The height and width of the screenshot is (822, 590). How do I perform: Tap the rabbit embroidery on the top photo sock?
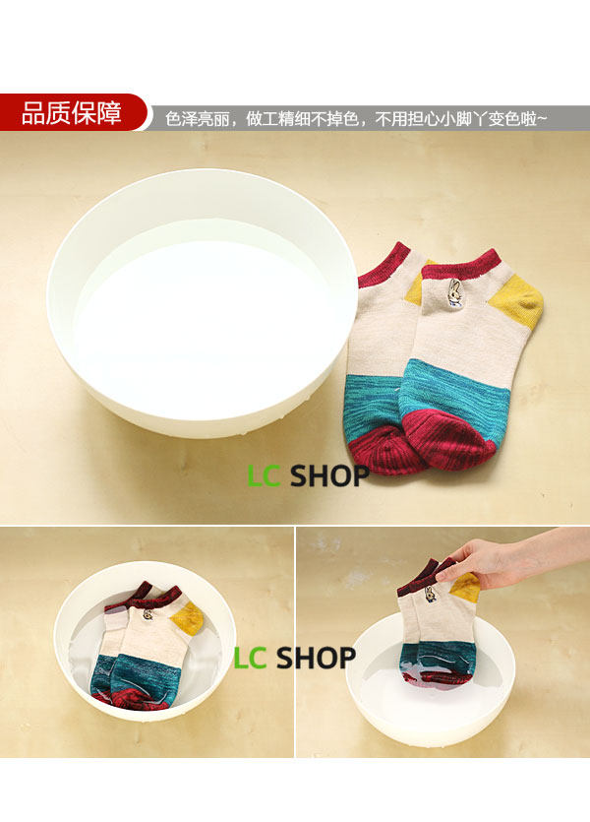[x=454, y=292]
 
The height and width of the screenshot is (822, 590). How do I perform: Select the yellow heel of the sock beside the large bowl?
[x=516, y=301]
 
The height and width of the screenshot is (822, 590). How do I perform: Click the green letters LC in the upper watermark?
[x=264, y=476]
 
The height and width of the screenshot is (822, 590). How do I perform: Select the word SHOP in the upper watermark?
[x=329, y=476]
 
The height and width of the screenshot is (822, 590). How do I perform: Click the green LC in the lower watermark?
[x=250, y=659]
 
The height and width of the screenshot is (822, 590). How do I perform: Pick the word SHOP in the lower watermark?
[x=317, y=659]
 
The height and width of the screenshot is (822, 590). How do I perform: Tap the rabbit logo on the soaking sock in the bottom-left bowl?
[x=147, y=614]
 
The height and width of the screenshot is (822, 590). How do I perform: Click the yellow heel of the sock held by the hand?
[x=465, y=587]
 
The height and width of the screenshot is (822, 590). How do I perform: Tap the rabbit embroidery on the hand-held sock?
[x=431, y=595]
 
